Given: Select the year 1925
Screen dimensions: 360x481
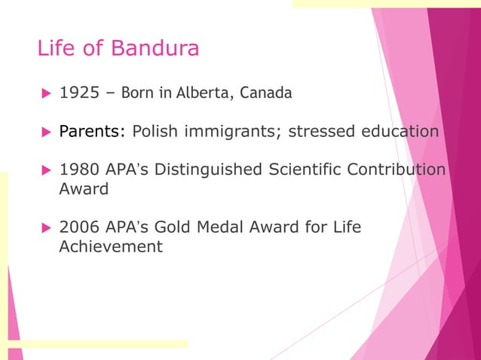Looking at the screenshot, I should click(78, 93).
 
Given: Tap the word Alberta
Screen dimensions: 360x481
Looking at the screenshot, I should click(204, 93).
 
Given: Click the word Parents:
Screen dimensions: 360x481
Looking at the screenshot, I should click(92, 132).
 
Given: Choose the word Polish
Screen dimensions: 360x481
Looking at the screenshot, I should click(155, 132).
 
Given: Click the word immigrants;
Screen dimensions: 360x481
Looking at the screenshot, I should click(230, 132).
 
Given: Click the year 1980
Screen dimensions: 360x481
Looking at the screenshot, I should click(78, 169).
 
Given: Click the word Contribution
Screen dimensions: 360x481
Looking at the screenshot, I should click(397, 169).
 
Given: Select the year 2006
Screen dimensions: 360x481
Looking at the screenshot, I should click(78, 226).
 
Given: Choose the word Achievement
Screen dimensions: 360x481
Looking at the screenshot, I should click(111, 246).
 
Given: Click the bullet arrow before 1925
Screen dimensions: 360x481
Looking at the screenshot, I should click(44, 94).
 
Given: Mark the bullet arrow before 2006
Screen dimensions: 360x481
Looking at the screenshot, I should click(44, 227).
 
